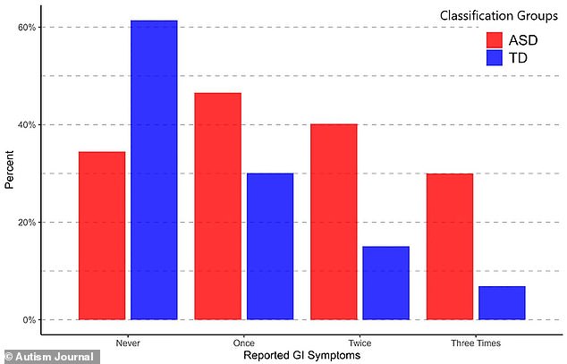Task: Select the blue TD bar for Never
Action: coord(154,170)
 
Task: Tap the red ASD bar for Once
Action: coord(217,206)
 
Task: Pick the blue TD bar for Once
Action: coord(270,246)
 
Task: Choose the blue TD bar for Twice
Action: coord(385,283)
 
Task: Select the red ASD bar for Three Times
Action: coord(449,246)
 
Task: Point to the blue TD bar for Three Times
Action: coord(502,302)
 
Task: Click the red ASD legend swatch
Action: coord(496,39)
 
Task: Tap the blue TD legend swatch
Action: coord(496,58)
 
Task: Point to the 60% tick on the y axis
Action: coord(27,27)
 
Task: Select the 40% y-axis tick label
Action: coord(27,124)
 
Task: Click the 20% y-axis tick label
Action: coord(27,222)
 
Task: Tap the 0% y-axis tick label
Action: coord(29,319)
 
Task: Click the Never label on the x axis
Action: coord(128,343)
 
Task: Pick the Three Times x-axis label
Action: coord(476,343)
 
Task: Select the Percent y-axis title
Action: coord(9,173)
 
